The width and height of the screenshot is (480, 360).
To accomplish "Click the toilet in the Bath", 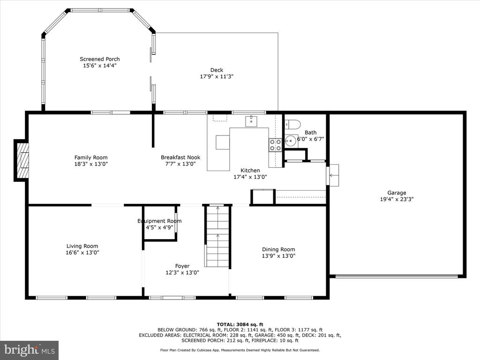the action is [x=292, y=125].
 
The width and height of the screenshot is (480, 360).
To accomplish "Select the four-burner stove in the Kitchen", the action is [x=275, y=145].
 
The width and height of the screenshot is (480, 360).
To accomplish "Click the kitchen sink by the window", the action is [x=251, y=121].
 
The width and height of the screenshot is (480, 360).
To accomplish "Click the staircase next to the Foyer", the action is [x=217, y=236].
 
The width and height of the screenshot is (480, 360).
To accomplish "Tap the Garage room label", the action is [x=397, y=193].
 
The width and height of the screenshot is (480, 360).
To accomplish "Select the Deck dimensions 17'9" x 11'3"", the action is [x=217, y=76].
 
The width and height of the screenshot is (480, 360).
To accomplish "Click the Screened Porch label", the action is [x=100, y=59].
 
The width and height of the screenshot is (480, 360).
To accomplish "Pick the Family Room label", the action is [x=91, y=157].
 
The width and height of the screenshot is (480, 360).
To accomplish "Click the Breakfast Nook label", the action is [x=180, y=157].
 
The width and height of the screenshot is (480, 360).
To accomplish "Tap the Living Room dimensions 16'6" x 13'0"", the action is [x=82, y=253].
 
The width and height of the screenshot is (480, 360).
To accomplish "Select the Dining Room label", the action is [x=278, y=249].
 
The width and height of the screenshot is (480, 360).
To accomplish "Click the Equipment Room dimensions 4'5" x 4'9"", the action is [x=159, y=227].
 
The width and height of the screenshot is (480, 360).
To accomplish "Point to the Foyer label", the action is [x=182, y=266].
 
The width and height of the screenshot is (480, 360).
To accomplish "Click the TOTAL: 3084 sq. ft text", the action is [x=240, y=324].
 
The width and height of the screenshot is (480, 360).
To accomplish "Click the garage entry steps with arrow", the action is [x=333, y=175].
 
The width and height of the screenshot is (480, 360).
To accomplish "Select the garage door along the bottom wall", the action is [x=397, y=277].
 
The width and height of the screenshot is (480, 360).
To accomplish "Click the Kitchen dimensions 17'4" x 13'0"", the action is [x=250, y=177].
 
